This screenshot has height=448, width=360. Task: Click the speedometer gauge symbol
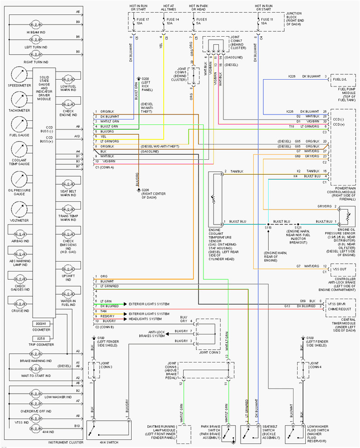19,75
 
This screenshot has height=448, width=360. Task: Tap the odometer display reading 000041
41,324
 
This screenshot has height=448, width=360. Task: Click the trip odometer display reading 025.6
41,338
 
